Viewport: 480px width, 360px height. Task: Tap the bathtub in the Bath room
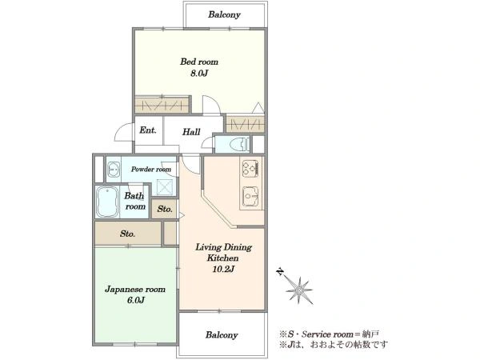(107, 202)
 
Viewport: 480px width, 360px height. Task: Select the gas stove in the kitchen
(250, 168)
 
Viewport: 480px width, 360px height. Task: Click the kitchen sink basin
(250, 197)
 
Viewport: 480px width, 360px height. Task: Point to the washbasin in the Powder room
(114, 170)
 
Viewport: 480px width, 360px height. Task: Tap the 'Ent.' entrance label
(148, 130)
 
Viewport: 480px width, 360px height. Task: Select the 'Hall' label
(191, 132)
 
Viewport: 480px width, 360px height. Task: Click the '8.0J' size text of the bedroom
(199, 74)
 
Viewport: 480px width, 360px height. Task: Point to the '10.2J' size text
(223, 269)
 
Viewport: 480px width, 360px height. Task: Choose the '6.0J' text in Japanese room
(136, 300)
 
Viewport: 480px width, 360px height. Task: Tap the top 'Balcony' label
(224, 14)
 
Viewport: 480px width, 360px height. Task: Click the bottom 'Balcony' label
(222, 335)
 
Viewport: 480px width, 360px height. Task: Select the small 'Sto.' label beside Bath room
(165, 209)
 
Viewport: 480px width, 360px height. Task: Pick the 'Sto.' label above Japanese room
(127, 234)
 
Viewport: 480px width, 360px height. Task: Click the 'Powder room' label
(151, 170)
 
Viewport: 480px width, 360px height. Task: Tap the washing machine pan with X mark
(165, 187)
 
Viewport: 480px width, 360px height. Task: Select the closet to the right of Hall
(245, 124)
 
